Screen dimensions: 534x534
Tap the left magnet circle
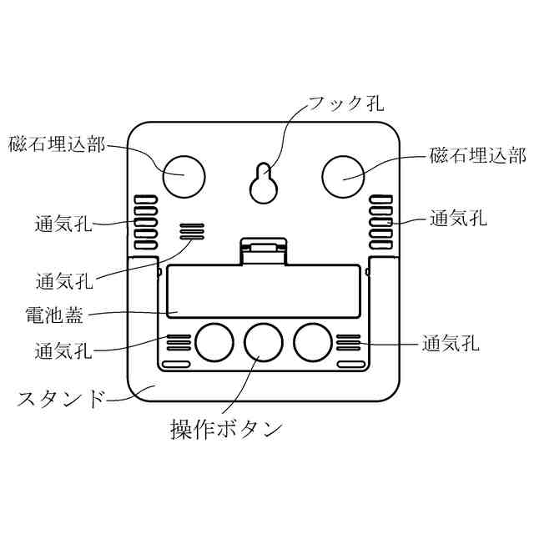tap(184, 174)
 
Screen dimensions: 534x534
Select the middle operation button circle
tap(263, 340)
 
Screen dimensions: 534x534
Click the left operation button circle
tap(214, 340)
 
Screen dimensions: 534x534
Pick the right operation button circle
tap(313, 340)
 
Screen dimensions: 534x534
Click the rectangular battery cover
tap(263, 291)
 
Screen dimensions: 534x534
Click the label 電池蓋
tap(53, 316)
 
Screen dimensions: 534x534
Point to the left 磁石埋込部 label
tap(57, 144)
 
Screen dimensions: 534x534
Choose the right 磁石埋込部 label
tap(478, 155)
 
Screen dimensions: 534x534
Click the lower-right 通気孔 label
tap(451, 343)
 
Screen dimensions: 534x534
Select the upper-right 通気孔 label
tap(458, 219)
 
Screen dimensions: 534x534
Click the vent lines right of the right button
tap(349, 341)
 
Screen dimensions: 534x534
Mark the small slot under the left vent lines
tap(176, 365)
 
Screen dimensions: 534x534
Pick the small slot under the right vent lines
tap(350, 365)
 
